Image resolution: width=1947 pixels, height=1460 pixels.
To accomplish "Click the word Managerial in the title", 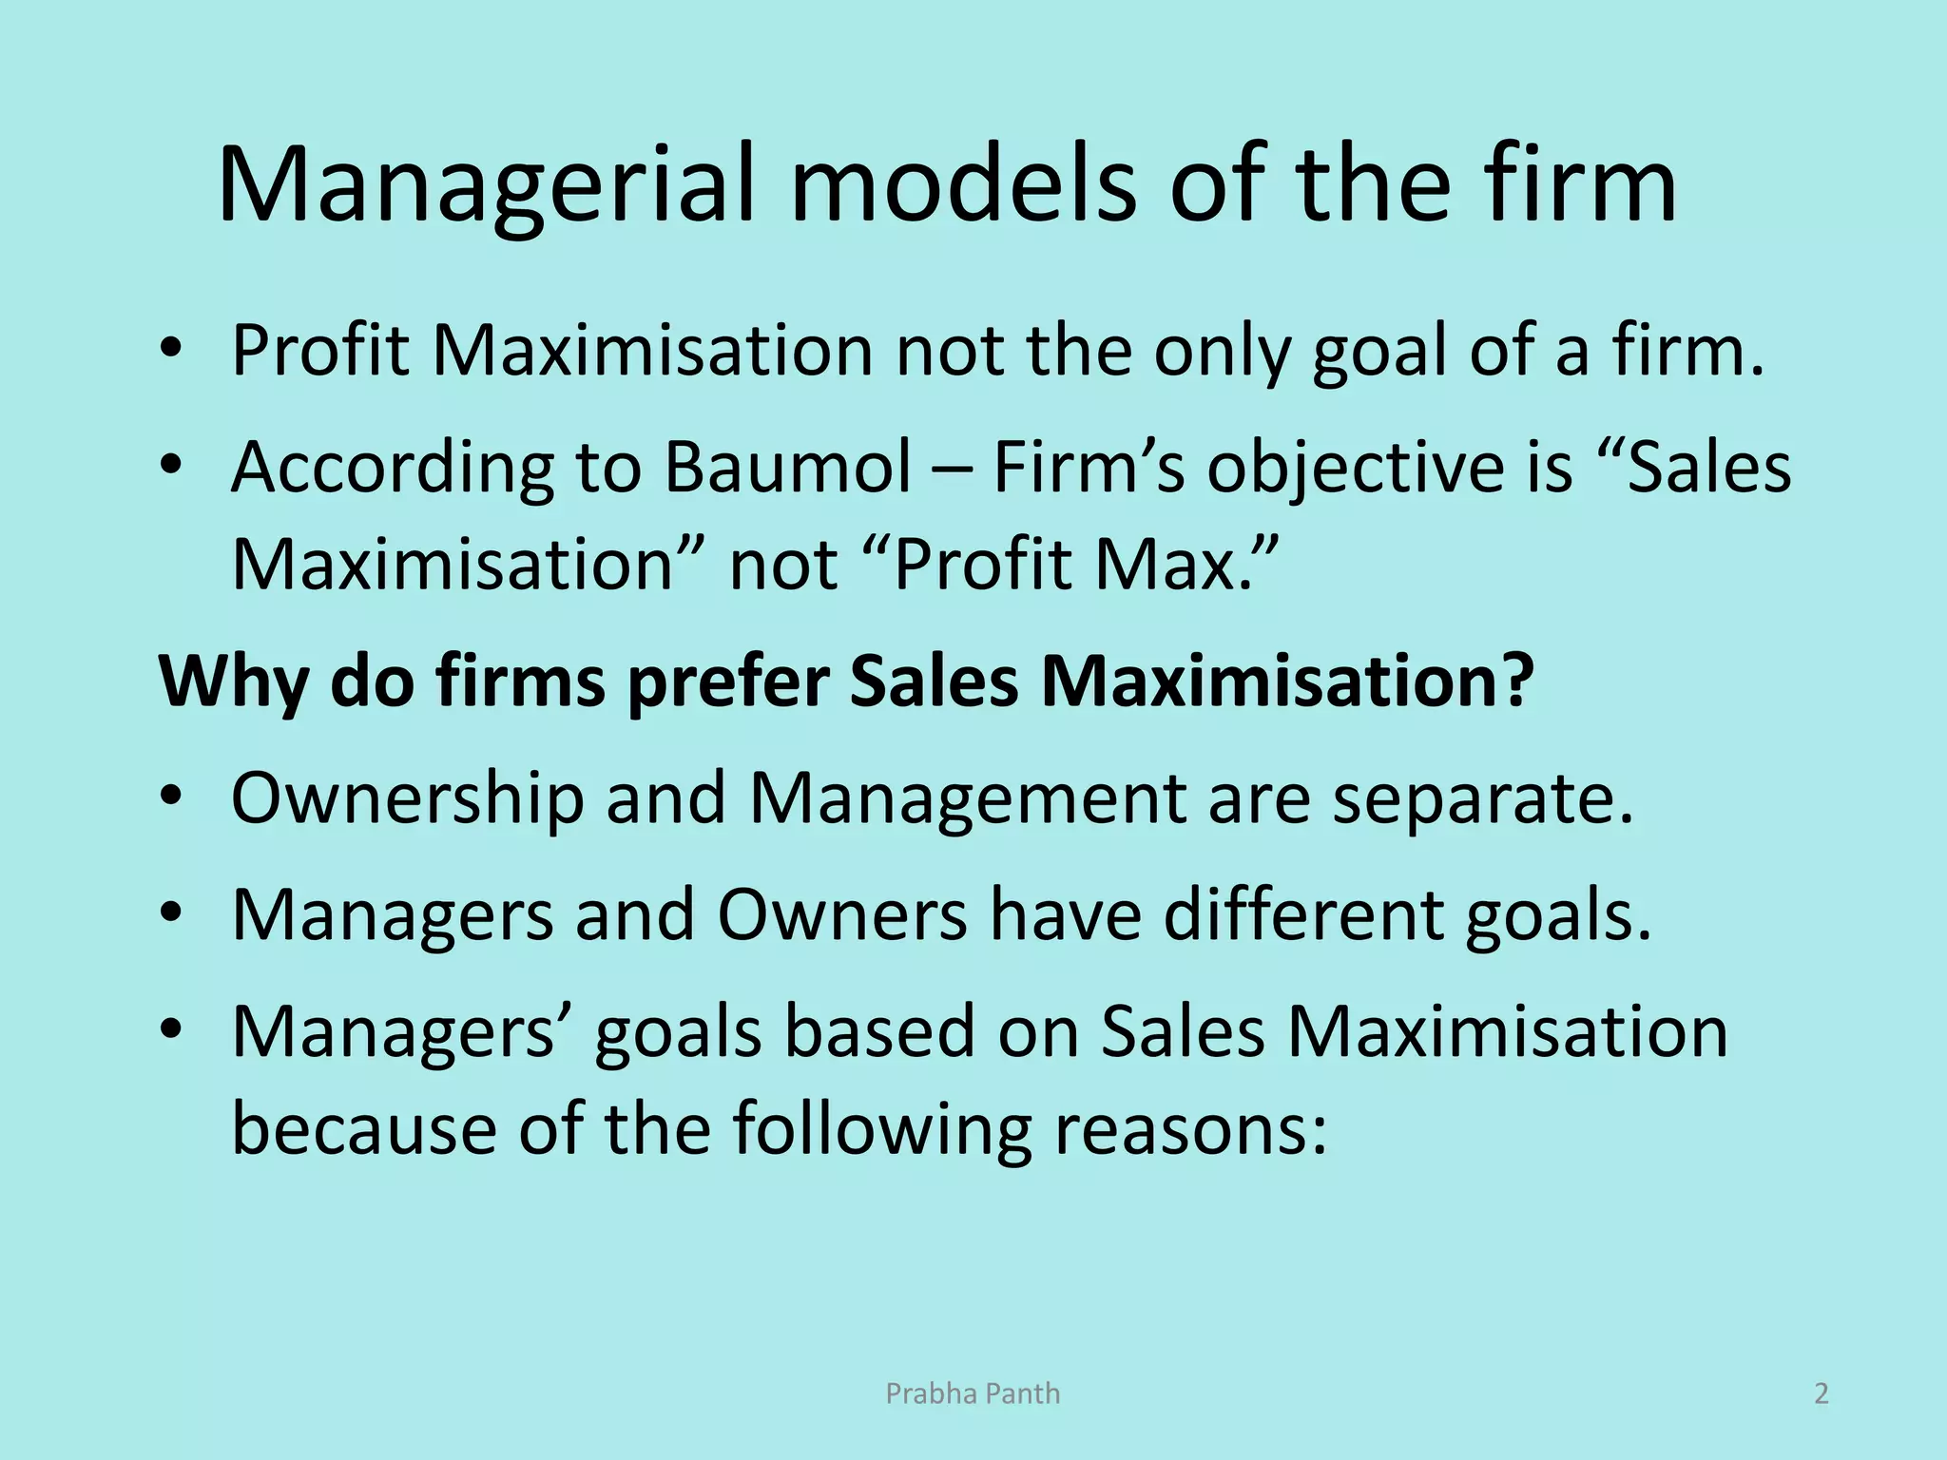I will (486, 185).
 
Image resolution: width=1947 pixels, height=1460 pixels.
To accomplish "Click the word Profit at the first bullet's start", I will (320, 350).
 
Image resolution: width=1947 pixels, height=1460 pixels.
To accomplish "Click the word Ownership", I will (407, 798).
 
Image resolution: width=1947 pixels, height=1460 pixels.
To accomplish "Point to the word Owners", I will (841, 915).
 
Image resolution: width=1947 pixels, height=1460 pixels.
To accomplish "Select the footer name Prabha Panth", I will (973, 1393).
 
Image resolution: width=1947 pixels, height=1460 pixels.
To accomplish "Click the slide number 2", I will (1822, 1393).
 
